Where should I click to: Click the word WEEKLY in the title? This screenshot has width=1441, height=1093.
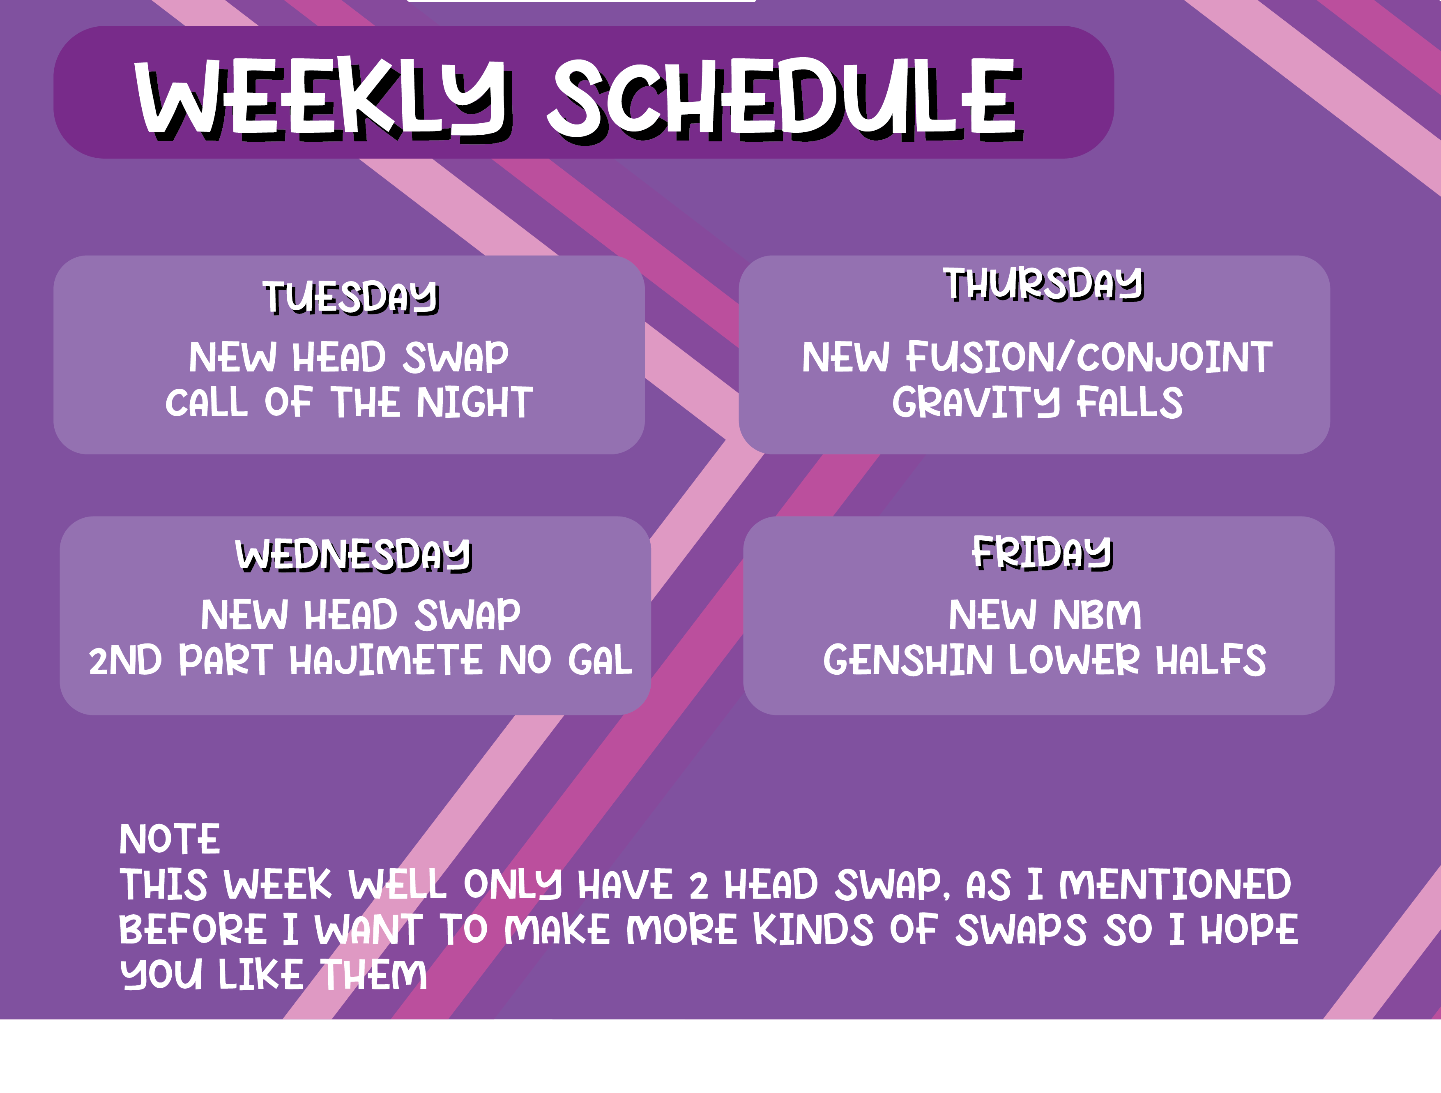click(x=322, y=98)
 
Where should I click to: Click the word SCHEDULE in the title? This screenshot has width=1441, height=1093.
click(x=785, y=99)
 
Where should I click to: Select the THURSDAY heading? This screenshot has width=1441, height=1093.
click(x=1044, y=285)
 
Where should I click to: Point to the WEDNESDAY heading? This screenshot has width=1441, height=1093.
click(x=354, y=555)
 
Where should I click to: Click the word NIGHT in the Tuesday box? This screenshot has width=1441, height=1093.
click(x=475, y=402)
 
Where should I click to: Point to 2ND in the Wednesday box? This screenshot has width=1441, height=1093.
click(x=125, y=660)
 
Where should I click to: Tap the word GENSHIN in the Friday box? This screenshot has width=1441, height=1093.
click(x=908, y=660)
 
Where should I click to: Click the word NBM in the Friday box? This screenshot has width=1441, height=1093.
click(x=1098, y=615)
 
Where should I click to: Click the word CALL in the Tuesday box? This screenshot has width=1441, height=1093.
click(x=207, y=402)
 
